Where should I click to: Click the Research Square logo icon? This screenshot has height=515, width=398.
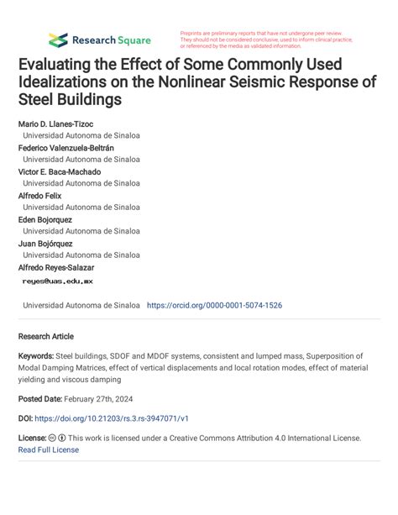(58, 39)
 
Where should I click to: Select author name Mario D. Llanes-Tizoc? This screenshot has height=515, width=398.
(55, 124)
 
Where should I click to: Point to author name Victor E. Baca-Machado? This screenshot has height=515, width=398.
(59, 171)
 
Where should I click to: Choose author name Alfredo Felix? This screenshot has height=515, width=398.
(39, 196)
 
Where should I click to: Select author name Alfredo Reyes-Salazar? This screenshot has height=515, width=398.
(55, 267)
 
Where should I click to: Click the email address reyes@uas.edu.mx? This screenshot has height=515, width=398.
(57, 282)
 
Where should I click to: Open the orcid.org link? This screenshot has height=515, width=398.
(214, 306)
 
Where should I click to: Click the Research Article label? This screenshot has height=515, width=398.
(46, 336)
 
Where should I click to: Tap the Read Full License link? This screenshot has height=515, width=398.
(48, 449)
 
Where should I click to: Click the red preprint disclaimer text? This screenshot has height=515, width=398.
(264, 39)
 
